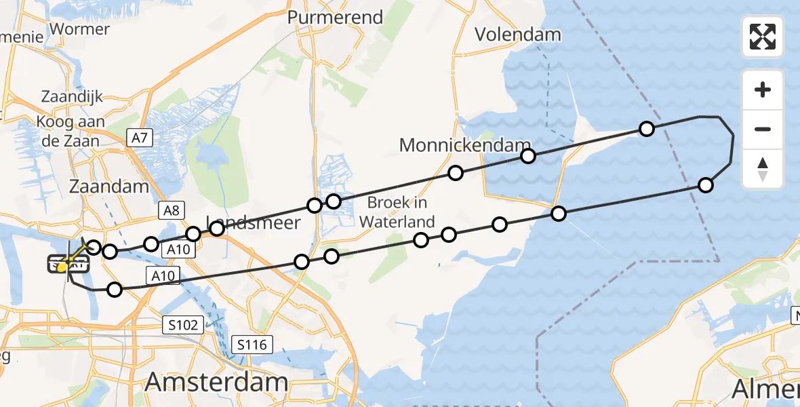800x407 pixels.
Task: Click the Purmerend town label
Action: point(335,17)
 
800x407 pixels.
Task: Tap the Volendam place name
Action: point(517,34)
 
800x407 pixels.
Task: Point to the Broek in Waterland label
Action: point(397,212)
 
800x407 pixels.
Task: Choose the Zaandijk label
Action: point(72,96)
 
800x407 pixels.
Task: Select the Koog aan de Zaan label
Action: point(71,132)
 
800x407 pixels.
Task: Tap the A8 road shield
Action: point(169,210)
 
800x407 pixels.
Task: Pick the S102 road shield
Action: point(183,326)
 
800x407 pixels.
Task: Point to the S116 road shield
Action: point(252,345)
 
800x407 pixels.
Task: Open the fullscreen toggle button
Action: point(763,37)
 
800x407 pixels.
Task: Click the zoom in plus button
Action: point(763,90)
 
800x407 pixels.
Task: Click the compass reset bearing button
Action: point(763,169)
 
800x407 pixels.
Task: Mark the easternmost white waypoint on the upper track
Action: point(647,129)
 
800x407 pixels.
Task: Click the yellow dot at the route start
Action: point(62,267)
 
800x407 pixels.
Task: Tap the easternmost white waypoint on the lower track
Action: point(706,185)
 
